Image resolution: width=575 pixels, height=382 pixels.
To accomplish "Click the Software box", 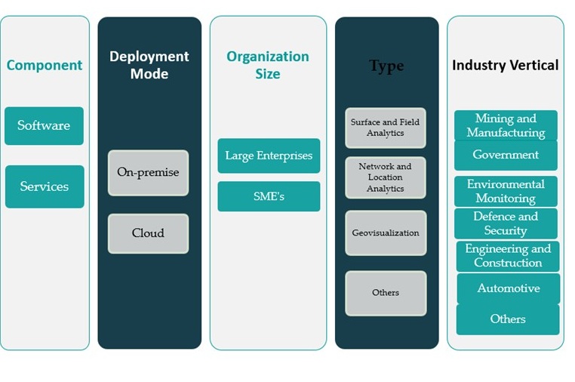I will [44, 125].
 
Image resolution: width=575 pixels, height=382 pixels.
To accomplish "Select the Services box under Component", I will [45, 186].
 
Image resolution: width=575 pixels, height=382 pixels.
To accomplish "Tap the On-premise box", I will [148, 172].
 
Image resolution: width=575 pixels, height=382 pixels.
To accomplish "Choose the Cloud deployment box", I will [148, 233].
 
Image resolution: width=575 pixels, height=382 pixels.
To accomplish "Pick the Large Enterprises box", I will [269, 156].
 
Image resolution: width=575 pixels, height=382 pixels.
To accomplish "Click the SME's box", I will [269, 196].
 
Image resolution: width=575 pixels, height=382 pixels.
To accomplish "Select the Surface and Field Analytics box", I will [386, 128].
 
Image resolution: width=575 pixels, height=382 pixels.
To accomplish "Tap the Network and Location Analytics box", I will [386, 177].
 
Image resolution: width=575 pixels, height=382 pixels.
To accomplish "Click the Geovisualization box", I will [386, 233].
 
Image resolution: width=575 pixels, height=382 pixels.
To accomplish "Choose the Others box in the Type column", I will [386, 293].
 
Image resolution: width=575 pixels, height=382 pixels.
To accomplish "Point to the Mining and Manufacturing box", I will [506, 125].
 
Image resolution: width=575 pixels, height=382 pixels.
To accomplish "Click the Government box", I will [506, 155].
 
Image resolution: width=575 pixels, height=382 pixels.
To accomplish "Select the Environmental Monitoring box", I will [506, 191].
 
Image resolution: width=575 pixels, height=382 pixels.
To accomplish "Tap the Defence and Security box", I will [506, 223].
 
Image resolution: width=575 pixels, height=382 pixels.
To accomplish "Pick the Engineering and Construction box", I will [507, 256].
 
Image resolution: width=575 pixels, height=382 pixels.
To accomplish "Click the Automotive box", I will [508, 288].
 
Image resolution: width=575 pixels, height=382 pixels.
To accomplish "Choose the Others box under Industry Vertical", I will [508, 319].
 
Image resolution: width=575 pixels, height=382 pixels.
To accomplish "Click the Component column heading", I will [45, 65].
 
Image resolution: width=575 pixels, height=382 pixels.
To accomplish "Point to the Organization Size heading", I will [268, 65].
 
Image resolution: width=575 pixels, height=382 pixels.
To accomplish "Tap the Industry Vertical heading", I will [506, 65].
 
